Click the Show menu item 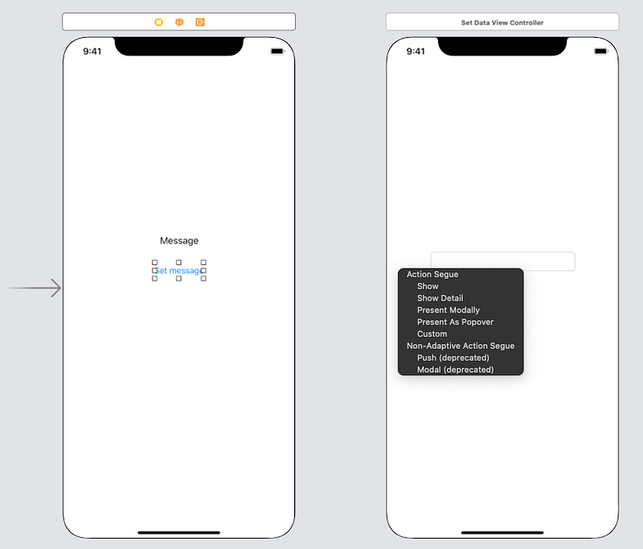[x=428, y=286]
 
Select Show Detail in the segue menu [x=440, y=298]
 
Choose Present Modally [x=448, y=310]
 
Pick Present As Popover [x=455, y=322]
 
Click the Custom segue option [x=432, y=334]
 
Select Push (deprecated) [x=453, y=358]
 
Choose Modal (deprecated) [x=455, y=370]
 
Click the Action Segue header [x=432, y=274]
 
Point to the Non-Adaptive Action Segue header [x=461, y=346]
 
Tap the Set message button [x=178, y=271]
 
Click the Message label [x=179, y=240]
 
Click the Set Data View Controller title [x=502, y=23]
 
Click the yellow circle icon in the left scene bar [x=158, y=23]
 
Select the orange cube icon [x=179, y=23]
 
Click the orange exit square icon [x=200, y=23]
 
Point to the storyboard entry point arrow [x=34, y=288]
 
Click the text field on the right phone [x=503, y=261]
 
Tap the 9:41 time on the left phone [x=92, y=51]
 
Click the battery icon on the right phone [x=600, y=51]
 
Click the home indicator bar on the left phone [x=178, y=533]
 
